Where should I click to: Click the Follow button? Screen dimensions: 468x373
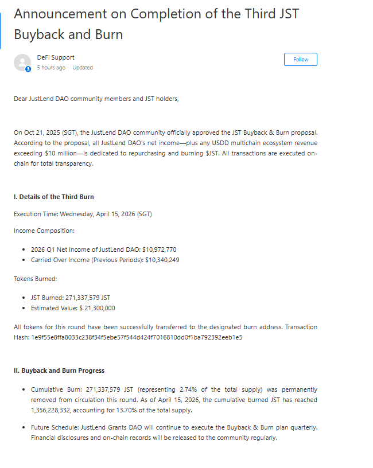[301, 60]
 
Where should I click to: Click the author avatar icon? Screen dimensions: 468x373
[22, 63]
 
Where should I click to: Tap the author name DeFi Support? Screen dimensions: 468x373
[56, 57]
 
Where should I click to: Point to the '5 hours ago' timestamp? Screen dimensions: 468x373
[52, 68]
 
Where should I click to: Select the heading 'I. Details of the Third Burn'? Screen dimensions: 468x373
[54, 197]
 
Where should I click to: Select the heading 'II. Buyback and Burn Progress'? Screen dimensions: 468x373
[59, 370]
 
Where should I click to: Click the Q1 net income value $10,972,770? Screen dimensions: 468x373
[156, 250]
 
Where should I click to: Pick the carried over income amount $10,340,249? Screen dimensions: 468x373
[162, 260]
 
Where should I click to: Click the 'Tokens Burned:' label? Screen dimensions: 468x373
[36, 279]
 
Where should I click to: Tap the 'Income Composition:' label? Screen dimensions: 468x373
[44, 231]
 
